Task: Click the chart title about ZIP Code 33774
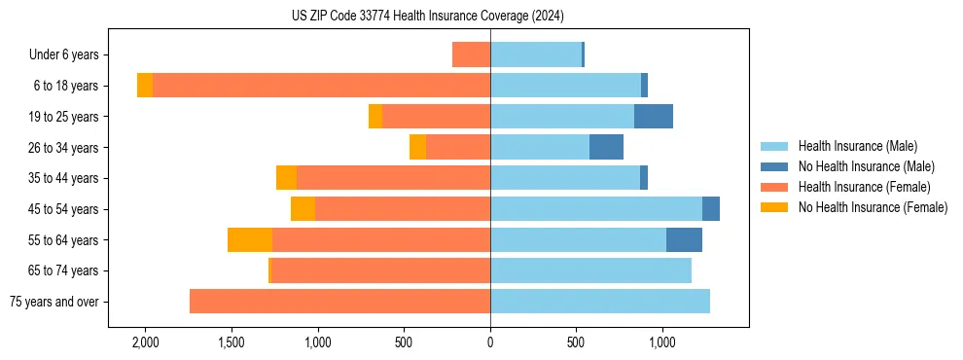427,16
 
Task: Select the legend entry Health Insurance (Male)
857,146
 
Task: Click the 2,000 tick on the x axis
145,342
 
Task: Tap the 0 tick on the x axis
490,342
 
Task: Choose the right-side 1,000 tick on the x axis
661,342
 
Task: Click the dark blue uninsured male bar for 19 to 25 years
654,117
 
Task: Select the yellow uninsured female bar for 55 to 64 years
250,240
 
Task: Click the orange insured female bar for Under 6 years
472,55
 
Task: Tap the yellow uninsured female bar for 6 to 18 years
145,86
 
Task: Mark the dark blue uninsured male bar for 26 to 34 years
606,148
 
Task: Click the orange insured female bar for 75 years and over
339,302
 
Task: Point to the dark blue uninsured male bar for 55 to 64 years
684,240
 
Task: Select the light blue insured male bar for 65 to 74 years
590,270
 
